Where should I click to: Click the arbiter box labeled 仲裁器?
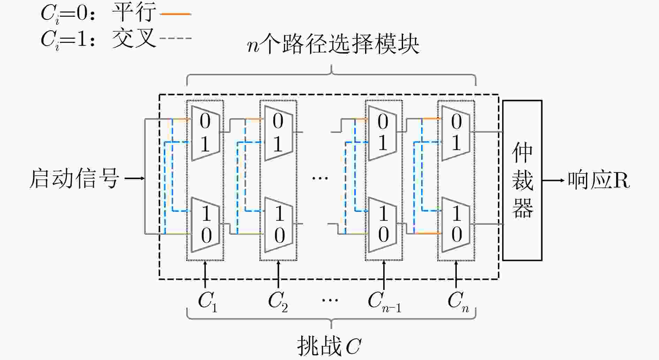522,180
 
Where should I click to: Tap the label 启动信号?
74,179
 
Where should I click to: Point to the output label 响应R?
599,181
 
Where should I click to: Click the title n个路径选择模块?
333,44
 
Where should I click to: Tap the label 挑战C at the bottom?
329,346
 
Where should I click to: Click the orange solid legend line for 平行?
175,14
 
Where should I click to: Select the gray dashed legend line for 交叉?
175,38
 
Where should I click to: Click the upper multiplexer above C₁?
206,133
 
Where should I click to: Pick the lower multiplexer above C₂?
279,225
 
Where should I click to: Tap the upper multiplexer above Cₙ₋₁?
382,133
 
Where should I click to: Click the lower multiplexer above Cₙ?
456,225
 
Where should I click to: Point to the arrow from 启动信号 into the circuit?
135,178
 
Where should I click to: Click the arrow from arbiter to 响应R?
553,180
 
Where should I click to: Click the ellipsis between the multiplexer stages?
320,178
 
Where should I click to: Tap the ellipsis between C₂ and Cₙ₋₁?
330,300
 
